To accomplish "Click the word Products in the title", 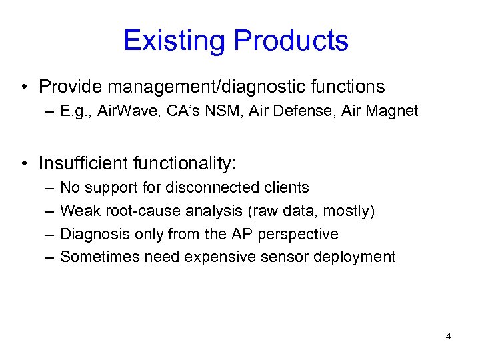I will [x=289, y=41].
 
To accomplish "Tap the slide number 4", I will [x=448, y=336].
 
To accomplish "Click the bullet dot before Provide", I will [x=24, y=87].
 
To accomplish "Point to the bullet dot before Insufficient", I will [x=24, y=163].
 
